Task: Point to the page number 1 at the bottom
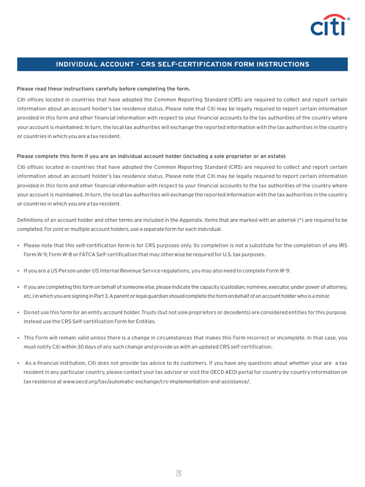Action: tap(179, 473)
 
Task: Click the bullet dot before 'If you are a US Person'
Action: tap(18, 271)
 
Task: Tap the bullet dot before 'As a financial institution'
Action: tap(18, 363)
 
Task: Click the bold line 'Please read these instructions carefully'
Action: tap(103, 89)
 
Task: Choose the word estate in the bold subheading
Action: tap(276, 156)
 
